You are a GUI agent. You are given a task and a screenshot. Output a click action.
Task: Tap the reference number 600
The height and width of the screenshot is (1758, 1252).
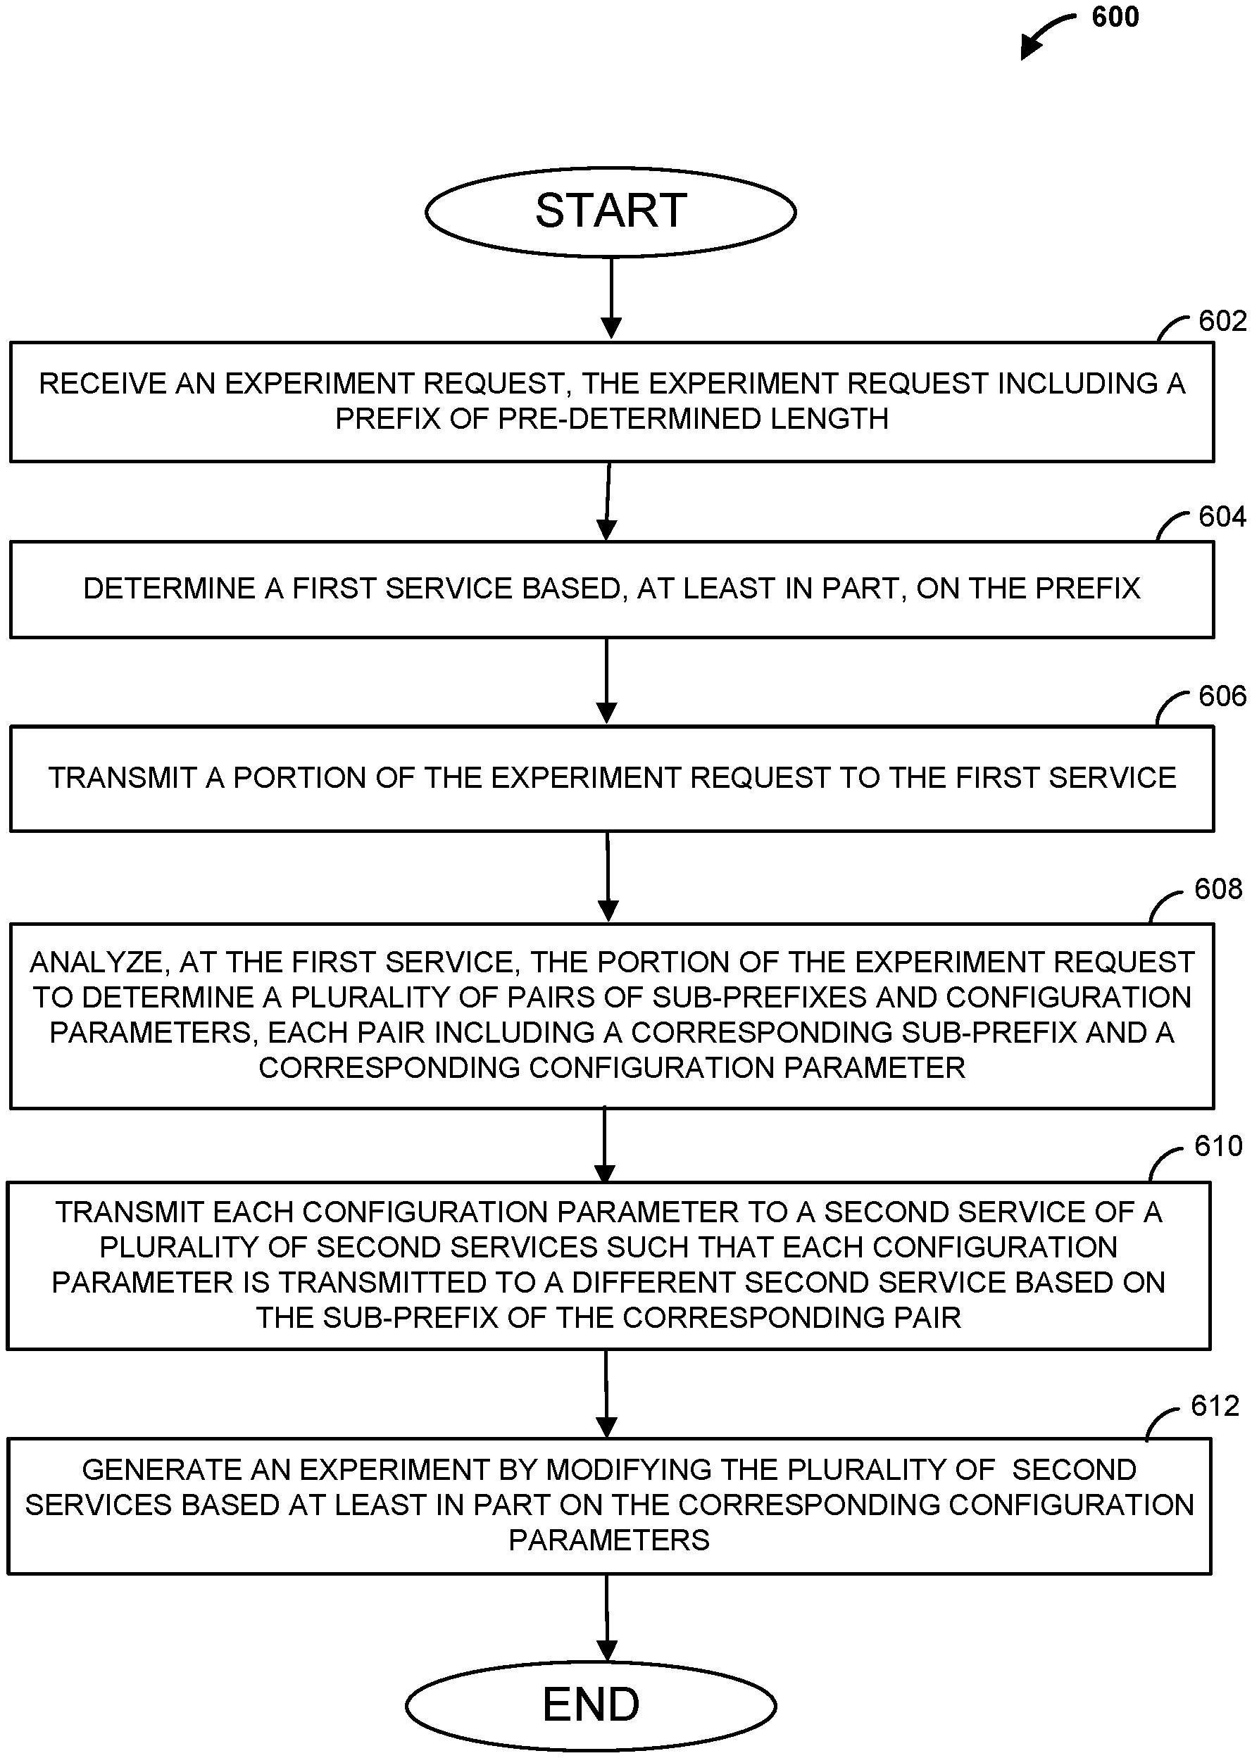pyautogui.click(x=1115, y=17)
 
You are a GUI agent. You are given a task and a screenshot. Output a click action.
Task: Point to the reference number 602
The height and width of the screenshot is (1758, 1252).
pyautogui.click(x=1222, y=320)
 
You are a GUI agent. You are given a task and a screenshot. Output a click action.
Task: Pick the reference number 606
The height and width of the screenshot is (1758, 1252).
pyautogui.click(x=1222, y=696)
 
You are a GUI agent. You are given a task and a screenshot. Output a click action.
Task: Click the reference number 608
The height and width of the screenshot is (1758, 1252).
pyautogui.click(x=1218, y=889)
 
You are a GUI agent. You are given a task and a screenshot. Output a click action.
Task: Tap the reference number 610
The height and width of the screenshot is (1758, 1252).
pyautogui.click(x=1218, y=1146)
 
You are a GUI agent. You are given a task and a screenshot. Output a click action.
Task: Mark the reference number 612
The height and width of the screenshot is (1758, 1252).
pyautogui.click(x=1215, y=1406)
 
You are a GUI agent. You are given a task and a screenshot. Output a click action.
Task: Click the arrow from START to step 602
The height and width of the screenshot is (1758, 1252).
pyautogui.click(x=611, y=298)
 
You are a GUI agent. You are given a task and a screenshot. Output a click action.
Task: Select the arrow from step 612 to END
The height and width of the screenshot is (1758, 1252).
pyautogui.click(x=608, y=1618)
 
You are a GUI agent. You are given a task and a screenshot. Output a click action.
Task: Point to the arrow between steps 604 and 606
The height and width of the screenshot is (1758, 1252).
pyautogui.click(x=607, y=681)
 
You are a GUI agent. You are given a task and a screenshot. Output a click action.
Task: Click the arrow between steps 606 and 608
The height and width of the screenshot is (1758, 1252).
pyautogui.click(x=608, y=877)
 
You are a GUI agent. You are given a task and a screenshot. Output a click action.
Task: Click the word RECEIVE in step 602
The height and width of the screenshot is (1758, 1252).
pyautogui.click(x=104, y=384)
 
